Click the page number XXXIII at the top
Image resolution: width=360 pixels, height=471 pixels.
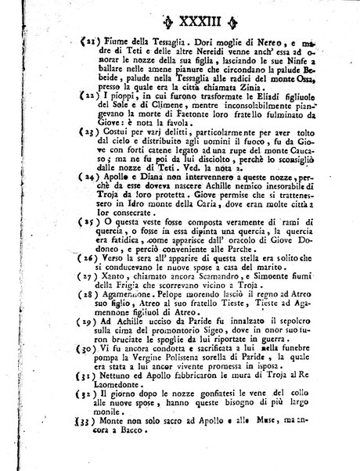[x=182, y=14]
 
